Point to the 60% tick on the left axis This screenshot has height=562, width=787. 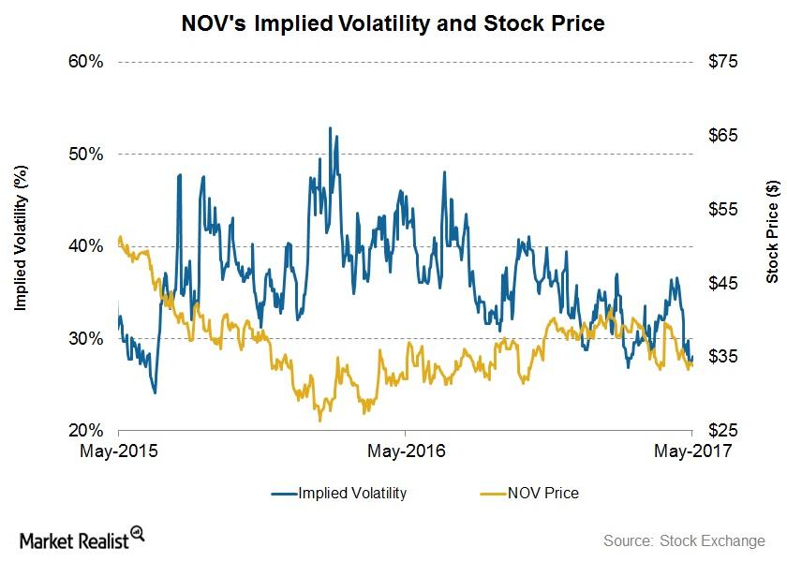[x=85, y=62]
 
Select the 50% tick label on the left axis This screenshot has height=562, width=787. [x=85, y=154]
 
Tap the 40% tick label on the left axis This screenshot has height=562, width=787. [x=85, y=246]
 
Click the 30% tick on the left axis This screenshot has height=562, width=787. [x=85, y=338]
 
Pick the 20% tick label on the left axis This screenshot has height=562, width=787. [x=85, y=431]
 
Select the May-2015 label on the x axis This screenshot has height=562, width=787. [x=119, y=451]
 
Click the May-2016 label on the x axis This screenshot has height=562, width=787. [x=405, y=451]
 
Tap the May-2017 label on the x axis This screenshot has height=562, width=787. [x=691, y=451]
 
